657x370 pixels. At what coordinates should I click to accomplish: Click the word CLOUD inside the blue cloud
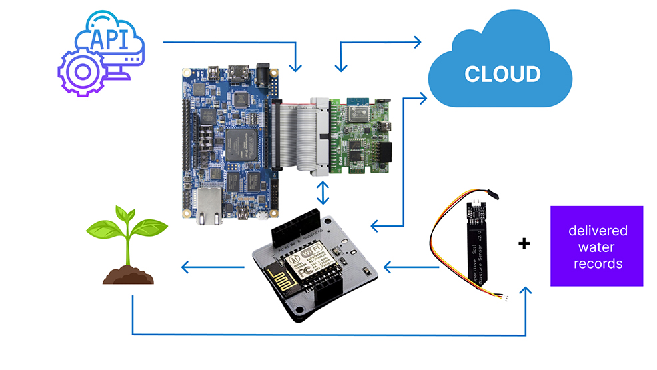(502, 73)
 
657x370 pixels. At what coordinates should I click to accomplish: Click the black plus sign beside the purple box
(524, 244)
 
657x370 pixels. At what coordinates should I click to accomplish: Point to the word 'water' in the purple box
(596, 247)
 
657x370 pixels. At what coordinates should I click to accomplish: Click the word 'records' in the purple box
(596, 263)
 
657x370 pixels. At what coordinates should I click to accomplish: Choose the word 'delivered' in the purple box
(597, 231)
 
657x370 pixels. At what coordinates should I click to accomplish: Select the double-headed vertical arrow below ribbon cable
(324, 193)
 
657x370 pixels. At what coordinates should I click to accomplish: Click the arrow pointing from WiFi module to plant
(213, 269)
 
